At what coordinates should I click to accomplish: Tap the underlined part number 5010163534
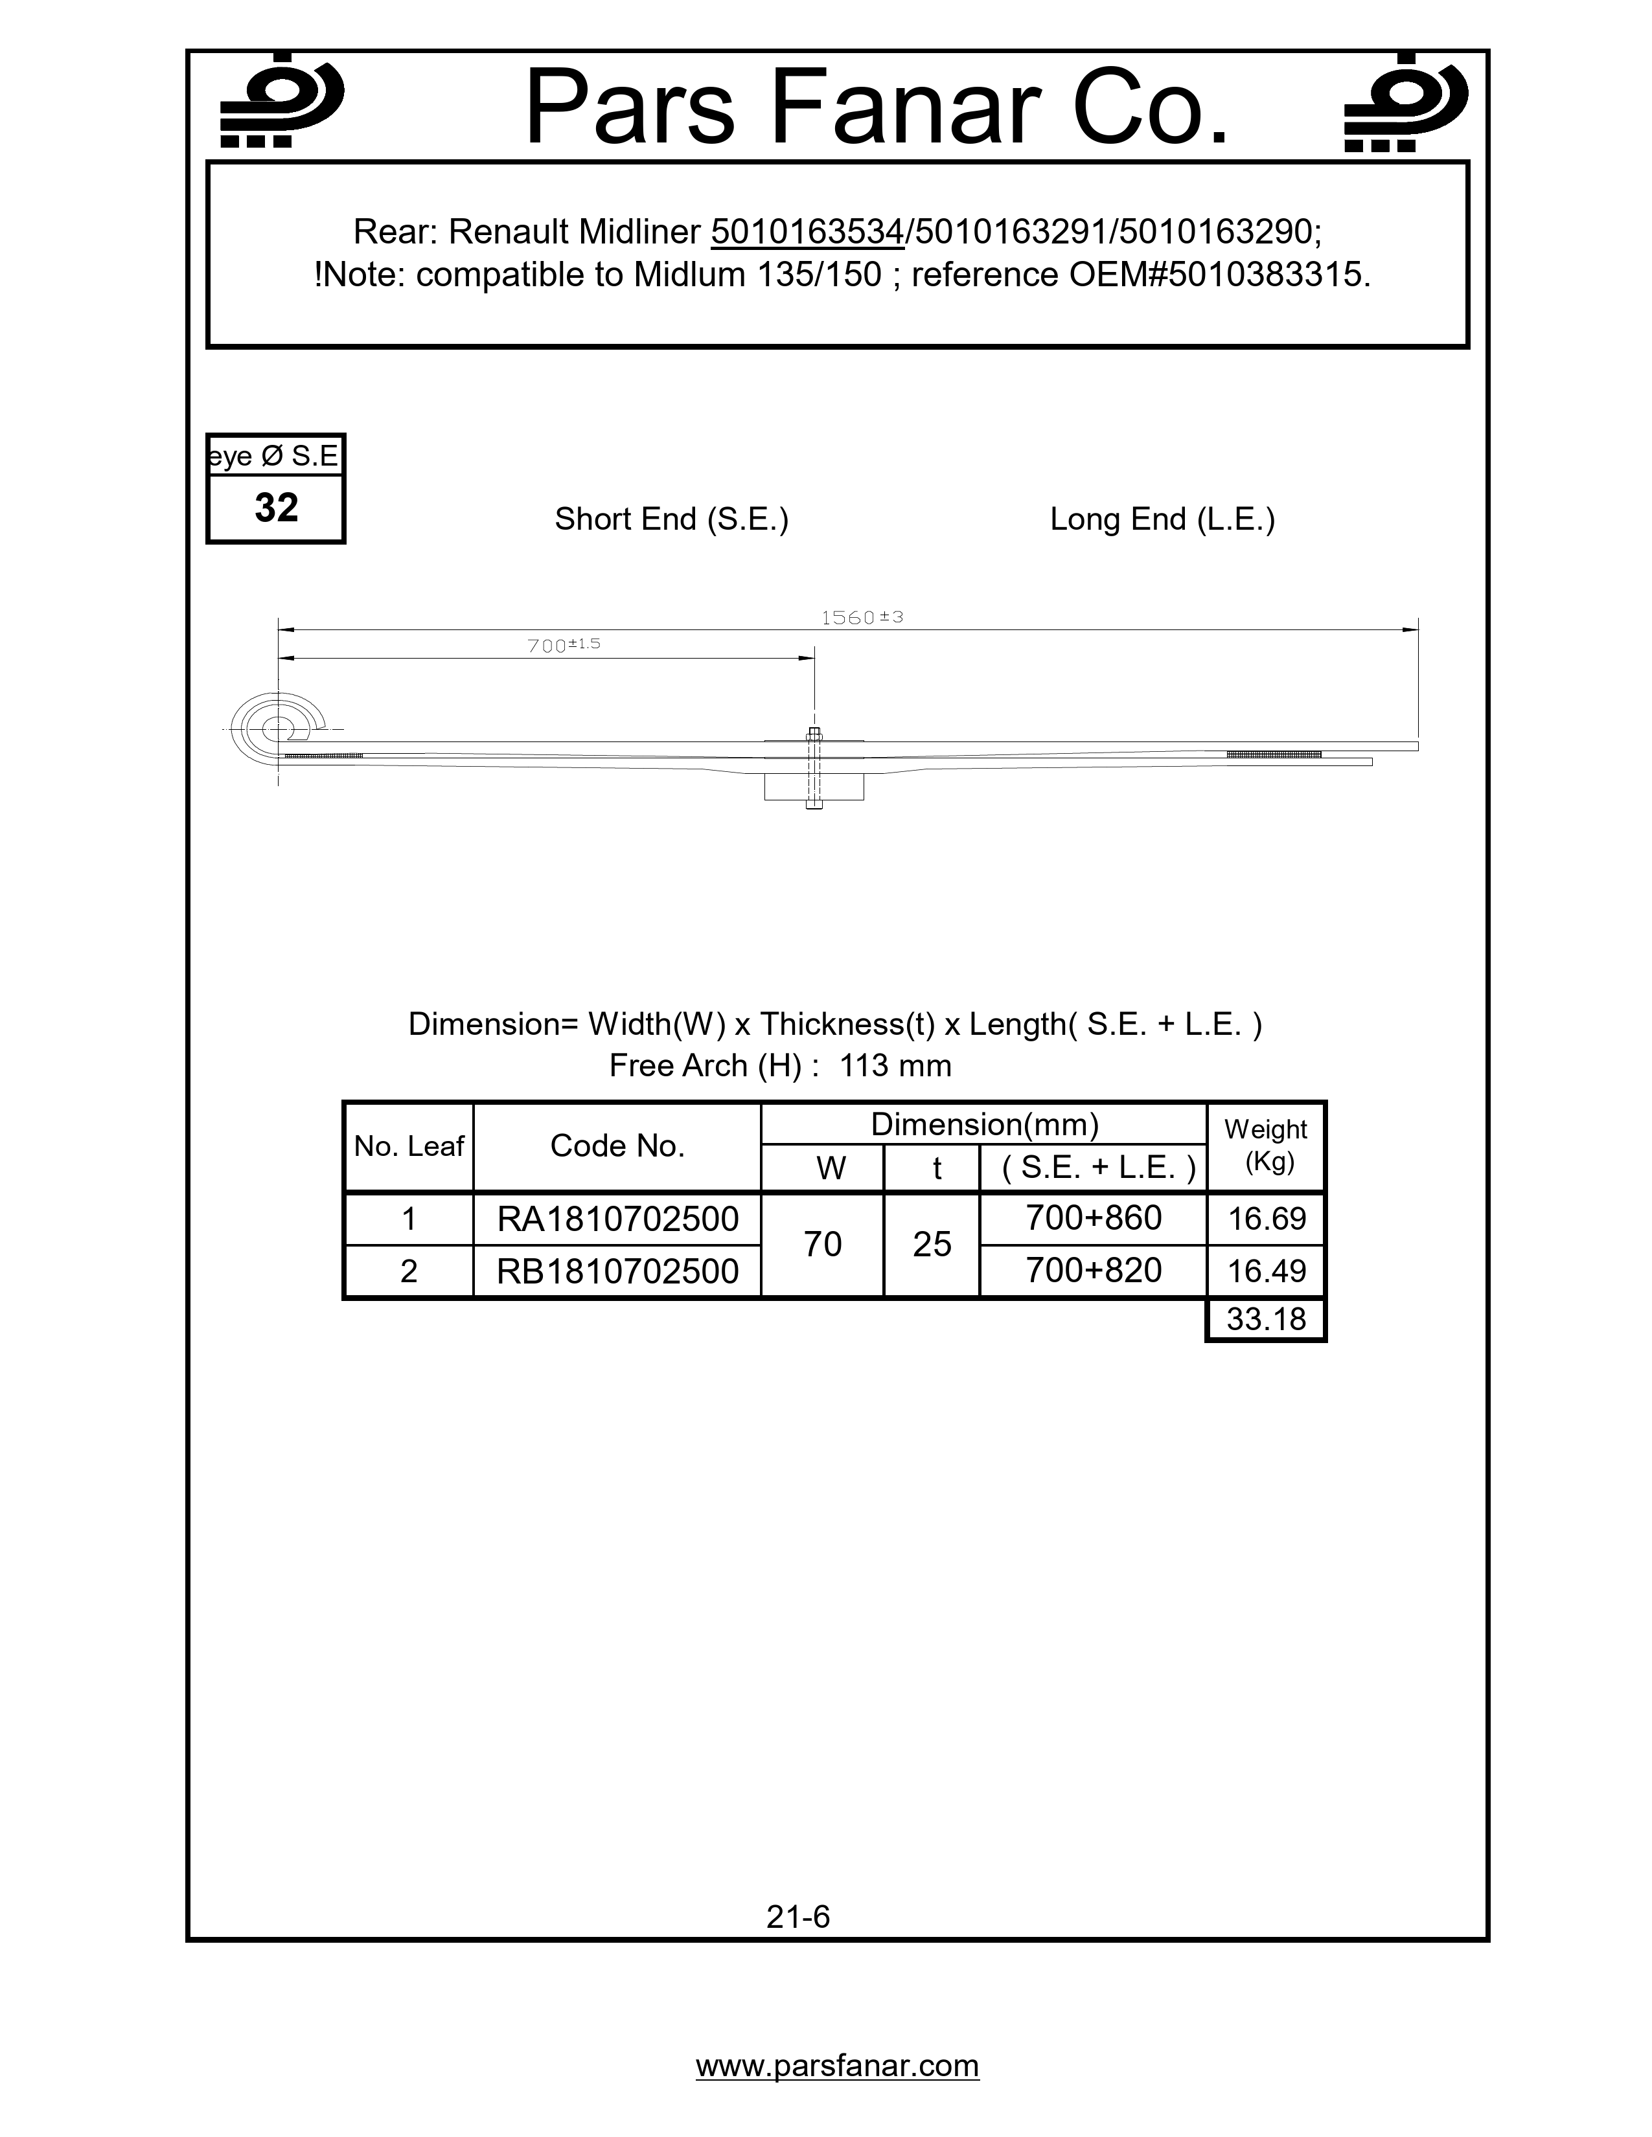click(x=807, y=232)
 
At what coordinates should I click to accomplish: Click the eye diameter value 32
click(x=276, y=508)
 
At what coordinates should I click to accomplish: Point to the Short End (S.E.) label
click(x=671, y=519)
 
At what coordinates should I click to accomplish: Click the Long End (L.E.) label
click(x=1162, y=519)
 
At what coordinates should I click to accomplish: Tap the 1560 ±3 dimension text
click(x=861, y=617)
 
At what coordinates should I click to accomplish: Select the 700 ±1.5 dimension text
click(x=564, y=645)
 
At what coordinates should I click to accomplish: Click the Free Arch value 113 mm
click(x=895, y=1065)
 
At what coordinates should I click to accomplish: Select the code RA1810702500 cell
click(x=617, y=1219)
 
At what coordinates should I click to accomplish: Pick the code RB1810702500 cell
click(x=617, y=1271)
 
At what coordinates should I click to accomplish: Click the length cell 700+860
click(x=1093, y=1218)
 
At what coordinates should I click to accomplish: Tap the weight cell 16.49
click(x=1267, y=1271)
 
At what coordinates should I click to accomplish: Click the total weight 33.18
click(x=1267, y=1319)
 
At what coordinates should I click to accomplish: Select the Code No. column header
click(x=617, y=1146)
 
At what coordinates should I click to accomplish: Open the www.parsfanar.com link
click(x=837, y=2066)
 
